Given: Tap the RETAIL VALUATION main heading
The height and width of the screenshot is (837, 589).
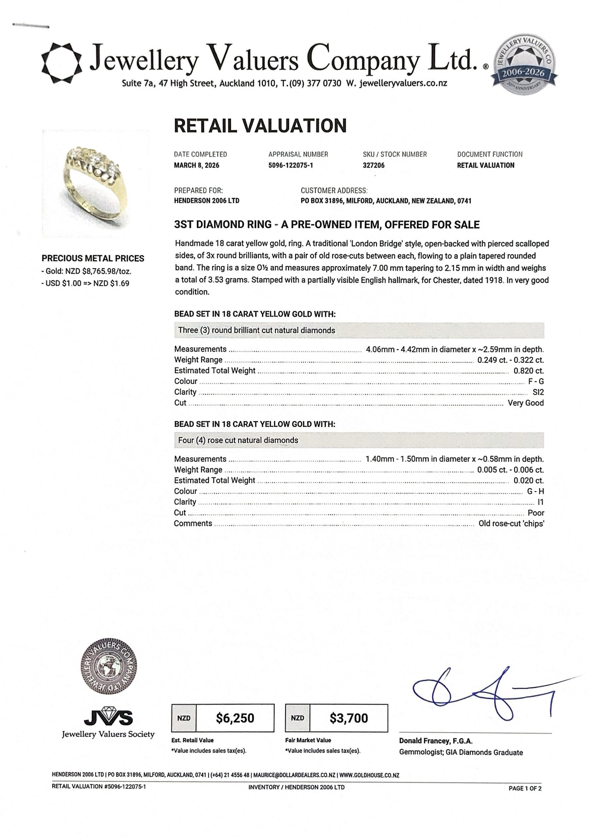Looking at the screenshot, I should pos(260,126).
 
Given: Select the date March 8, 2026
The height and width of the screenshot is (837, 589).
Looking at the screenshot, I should pos(197,165).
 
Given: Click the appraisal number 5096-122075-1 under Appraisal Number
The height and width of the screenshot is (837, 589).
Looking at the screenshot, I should pos(291,165).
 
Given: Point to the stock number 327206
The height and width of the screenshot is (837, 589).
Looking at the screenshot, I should pos(373,165).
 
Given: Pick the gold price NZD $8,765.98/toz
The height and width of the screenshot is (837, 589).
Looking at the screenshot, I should pos(86,271).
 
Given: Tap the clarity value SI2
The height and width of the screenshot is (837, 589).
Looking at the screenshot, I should pos(538,392).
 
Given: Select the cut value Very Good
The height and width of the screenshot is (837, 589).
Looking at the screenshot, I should pos(526,403).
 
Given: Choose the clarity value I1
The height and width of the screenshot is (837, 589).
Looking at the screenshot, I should pos(541,502).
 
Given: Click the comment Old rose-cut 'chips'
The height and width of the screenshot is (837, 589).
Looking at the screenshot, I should pos(511,523).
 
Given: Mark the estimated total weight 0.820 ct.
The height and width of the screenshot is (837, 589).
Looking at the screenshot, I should pos(528,371).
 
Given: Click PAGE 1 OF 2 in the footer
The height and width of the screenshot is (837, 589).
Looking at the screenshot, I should pos(525,788).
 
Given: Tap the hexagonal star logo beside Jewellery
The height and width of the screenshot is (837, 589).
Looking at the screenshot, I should pos(61,63).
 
